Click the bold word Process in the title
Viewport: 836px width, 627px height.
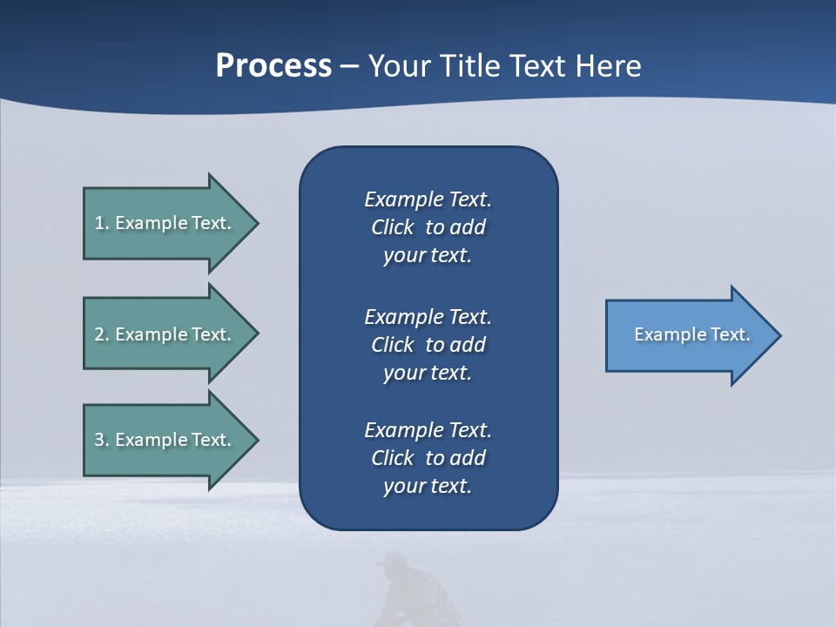273,65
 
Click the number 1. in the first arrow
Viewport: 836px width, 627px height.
102,223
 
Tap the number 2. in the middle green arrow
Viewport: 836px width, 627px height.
102,334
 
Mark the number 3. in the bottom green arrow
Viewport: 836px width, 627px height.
102,440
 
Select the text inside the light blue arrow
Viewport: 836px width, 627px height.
692,334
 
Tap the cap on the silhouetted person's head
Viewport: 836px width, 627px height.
394,559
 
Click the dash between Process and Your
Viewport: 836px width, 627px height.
349,66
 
